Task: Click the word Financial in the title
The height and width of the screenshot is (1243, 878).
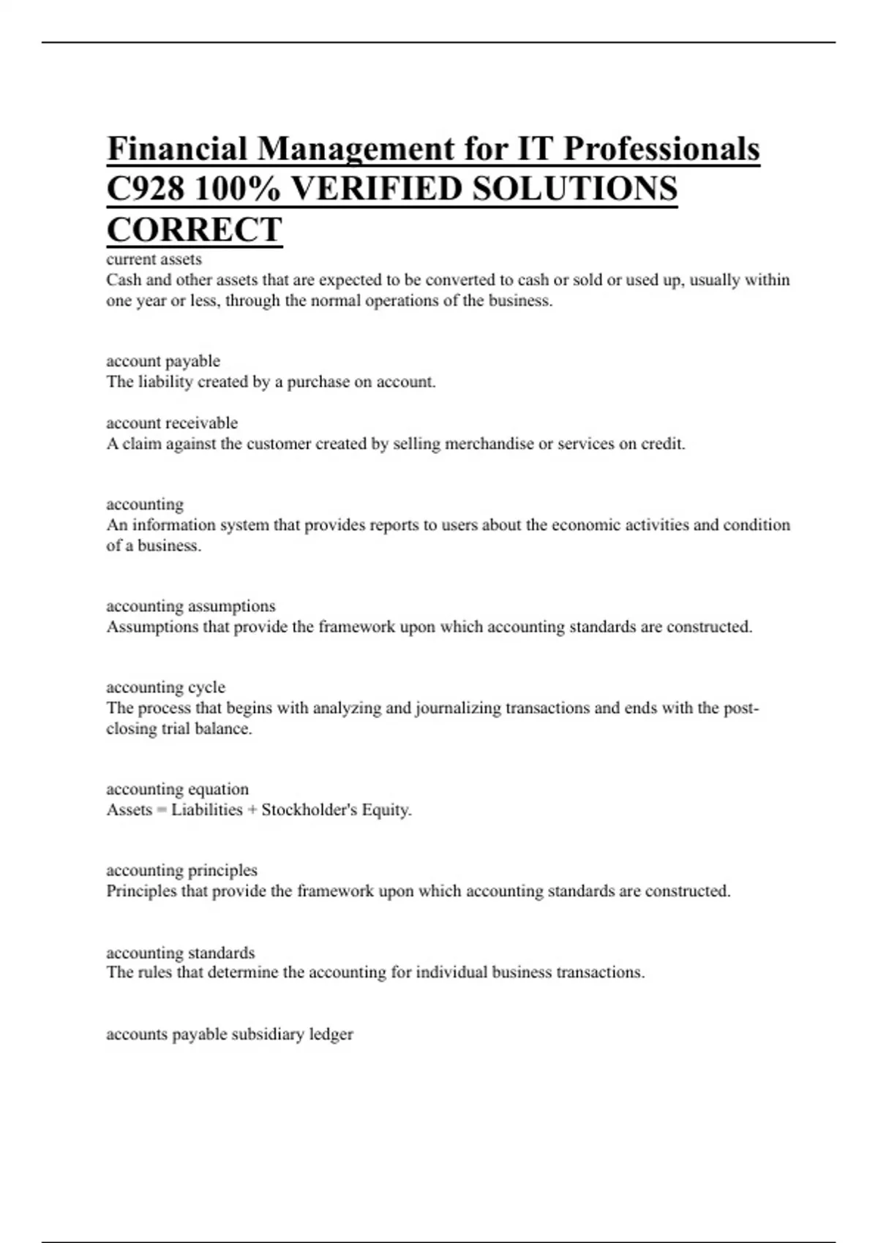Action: [x=177, y=149]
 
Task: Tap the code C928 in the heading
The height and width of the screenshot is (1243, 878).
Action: [x=145, y=189]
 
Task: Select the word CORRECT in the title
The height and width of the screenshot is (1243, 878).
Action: [x=194, y=230]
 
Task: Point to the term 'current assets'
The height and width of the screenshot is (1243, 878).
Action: [x=154, y=260]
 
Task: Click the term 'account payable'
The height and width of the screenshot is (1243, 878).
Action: [x=162, y=361]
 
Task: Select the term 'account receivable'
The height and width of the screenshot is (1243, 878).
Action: [x=172, y=423]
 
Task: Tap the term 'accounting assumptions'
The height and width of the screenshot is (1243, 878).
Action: [x=190, y=606]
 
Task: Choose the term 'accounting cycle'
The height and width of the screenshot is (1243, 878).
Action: [x=165, y=687]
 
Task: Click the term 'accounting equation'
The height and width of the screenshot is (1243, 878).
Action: [x=177, y=790]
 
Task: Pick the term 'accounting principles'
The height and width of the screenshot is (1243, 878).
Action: [x=181, y=871]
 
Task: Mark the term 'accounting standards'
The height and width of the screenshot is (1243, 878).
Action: [x=180, y=953]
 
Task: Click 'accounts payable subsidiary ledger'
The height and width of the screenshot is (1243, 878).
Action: [x=229, y=1035]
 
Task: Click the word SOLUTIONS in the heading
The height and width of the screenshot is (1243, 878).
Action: [x=574, y=189]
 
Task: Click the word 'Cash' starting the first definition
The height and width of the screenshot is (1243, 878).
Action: [x=123, y=280]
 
